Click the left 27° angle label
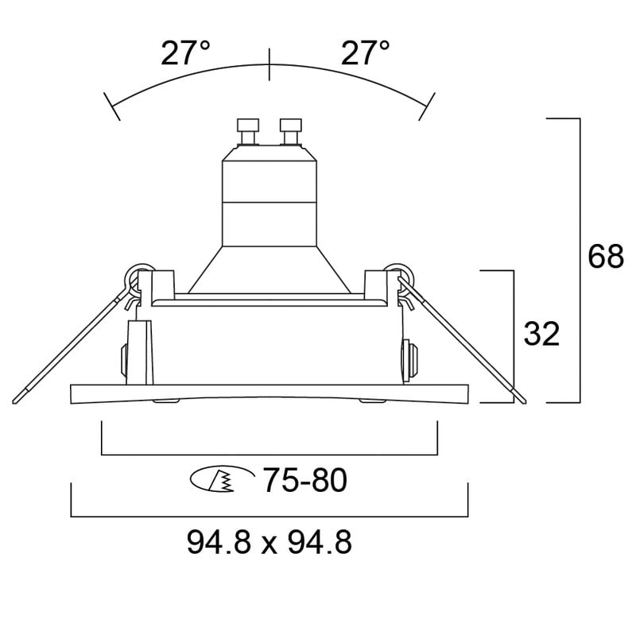pyautogui.click(x=185, y=53)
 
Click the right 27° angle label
pyautogui.click(x=365, y=53)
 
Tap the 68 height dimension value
pyautogui.click(x=606, y=256)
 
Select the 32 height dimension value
pyautogui.click(x=541, y=334)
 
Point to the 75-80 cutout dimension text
pyautogui.click(x=305, y=480)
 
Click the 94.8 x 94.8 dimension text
pyautogui.click(x=270, y=543)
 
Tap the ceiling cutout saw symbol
pyautogui.click(x=222, y=479)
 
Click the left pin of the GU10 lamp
pyautogui.click(x=248, y=131)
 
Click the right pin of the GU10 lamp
pyautogui.click(x=291, y=131)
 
